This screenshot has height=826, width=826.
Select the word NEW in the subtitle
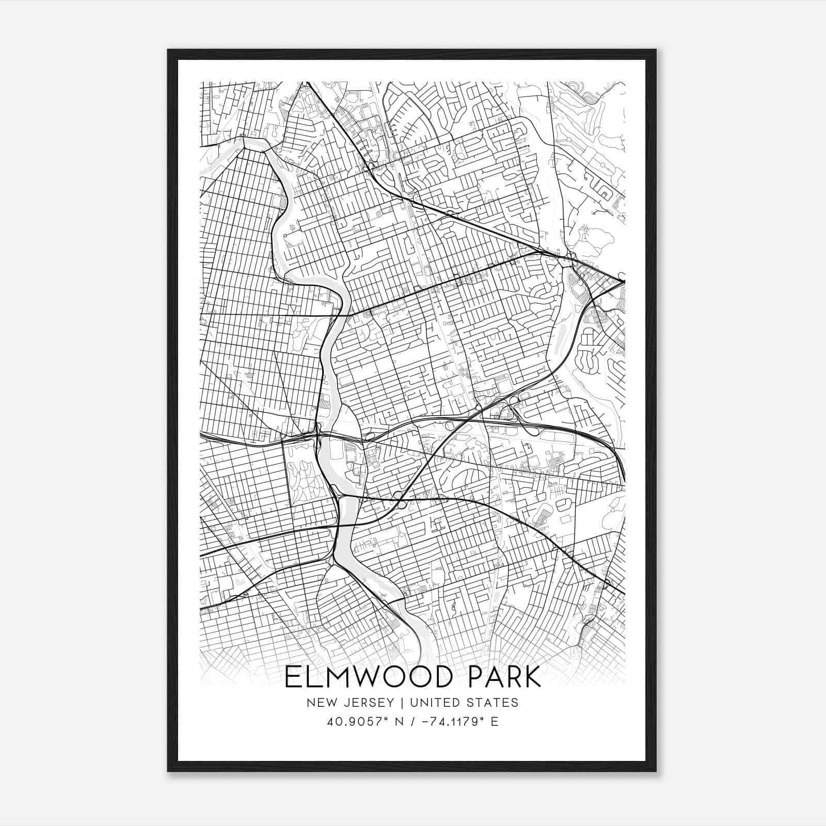[319, 703]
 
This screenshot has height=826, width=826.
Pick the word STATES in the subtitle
[494, 703]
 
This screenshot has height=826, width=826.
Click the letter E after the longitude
[495, 722]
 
